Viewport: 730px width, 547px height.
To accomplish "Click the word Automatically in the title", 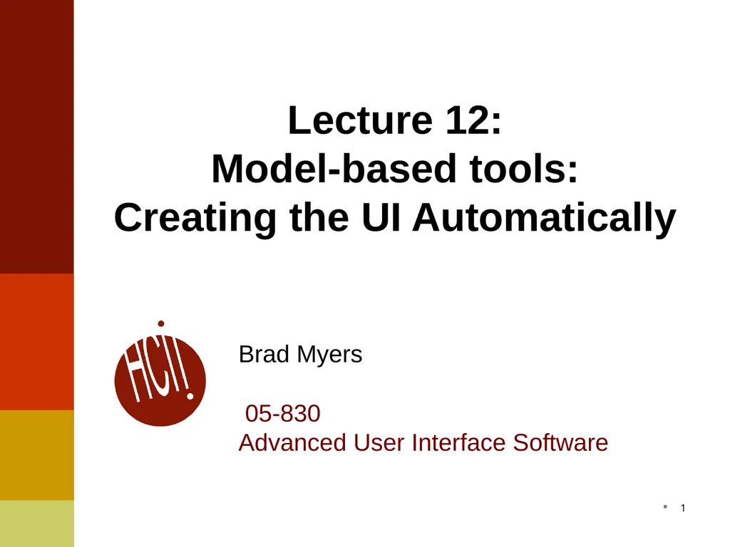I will pyautogui.click(x=543, y=217).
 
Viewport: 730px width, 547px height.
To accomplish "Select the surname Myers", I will pyautogui.click(x=330, y=355).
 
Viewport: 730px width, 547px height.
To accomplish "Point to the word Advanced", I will pyautogui.click(x=292, y=443).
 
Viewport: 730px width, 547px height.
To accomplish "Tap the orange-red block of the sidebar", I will pyautogui.click(x=36, y=342).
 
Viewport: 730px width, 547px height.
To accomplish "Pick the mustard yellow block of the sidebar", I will pyautogui.click(x=36, y=455).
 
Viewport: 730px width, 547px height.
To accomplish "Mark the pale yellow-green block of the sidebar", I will pyautogui.click(x=36, y=523).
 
